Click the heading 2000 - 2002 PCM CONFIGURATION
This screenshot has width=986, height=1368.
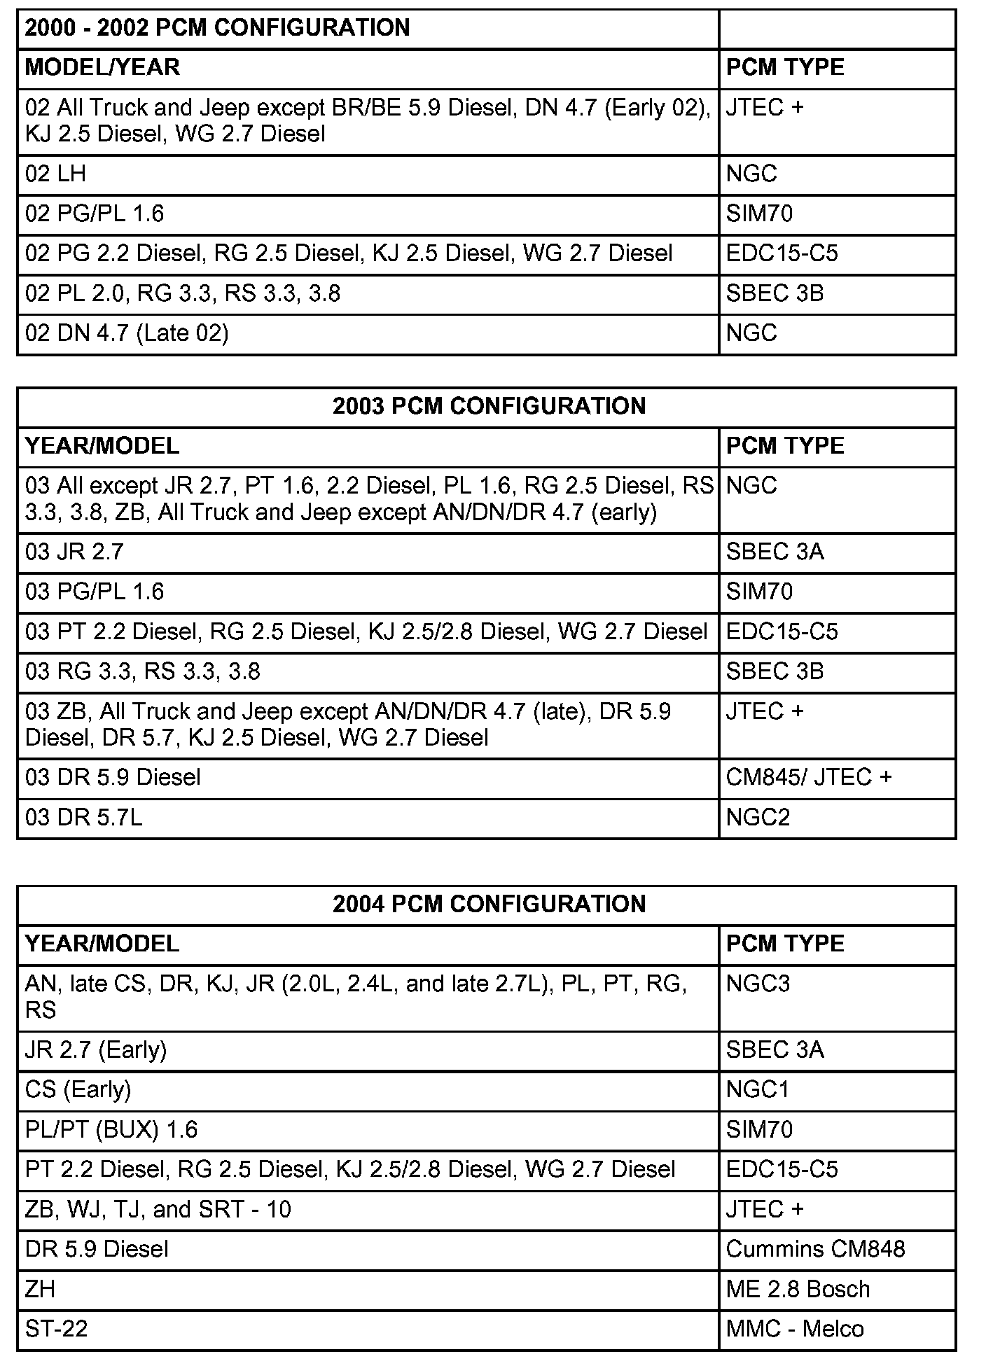point(217,28)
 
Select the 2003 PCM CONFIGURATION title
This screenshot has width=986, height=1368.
point(489,407)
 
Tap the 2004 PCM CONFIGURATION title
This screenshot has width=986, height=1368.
point(489,905)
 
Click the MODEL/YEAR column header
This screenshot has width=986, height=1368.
point(102,68)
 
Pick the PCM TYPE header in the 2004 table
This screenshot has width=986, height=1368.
point(785,944)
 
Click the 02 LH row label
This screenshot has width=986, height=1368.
point(55,174)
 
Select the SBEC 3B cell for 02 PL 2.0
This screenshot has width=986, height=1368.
point(775,293)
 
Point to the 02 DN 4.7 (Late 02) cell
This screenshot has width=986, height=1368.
point(127,333)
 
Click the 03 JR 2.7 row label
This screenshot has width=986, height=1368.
point(74,552)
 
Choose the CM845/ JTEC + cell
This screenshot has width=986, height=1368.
point(809,778)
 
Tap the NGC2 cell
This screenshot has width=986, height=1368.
point(758,818)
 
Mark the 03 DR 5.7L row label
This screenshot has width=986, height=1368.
point(83,818)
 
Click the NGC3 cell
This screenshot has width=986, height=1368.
point(758,984)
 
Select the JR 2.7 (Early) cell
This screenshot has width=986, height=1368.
point(96,1050)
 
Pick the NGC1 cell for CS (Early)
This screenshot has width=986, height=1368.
point(758,1090)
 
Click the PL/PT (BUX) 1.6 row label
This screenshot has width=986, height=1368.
point(111,1130)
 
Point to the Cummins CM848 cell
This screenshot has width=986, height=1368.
point(815,1249)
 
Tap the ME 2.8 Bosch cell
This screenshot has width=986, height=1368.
point(798,1289)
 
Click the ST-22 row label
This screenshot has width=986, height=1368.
point(57,1329)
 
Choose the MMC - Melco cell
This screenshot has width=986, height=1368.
point(795,1329)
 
